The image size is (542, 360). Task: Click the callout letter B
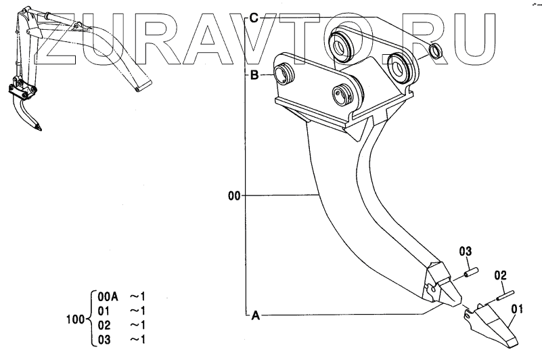[x=254, y=76]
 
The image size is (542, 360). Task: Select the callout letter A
[x=255, y=315]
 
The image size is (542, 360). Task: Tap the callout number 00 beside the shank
[x=234, y=197]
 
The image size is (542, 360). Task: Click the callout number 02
[x=500, y=275]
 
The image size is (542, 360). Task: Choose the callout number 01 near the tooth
[x=518, y=311]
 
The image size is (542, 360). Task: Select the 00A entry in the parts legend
[x=108, y=296]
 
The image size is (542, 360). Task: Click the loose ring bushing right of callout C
[x=436, y=51]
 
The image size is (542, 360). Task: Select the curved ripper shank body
[x=345, y=196]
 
